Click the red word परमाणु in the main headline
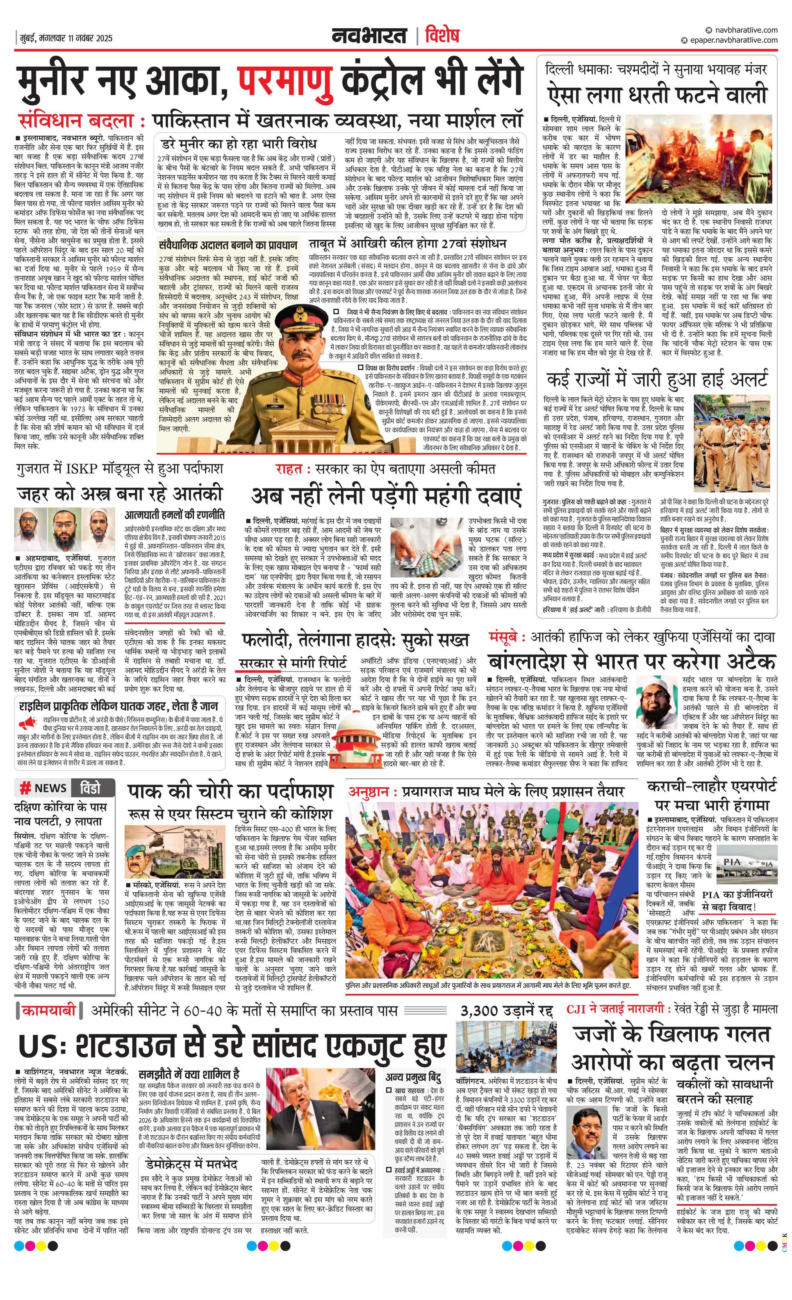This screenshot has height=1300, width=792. pos(285,81)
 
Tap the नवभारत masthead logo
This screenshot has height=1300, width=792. pos(369,36)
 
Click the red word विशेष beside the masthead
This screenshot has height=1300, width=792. pos(442,36)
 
